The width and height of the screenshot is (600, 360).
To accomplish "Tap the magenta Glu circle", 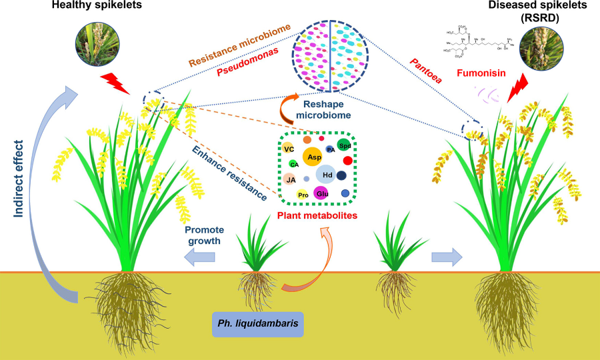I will [x=323, y=193].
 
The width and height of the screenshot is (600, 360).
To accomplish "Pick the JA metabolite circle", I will [x=290, y=179].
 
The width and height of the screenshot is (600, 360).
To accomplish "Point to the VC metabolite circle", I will [x=288, y=149].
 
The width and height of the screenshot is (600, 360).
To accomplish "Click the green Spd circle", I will [x=344, y=145].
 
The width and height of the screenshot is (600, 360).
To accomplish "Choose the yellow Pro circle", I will [x=303, y=195].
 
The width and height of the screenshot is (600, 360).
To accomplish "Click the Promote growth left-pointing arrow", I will [x=201, y=257].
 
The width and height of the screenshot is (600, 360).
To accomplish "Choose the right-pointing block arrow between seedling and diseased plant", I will [x=445, y=257].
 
